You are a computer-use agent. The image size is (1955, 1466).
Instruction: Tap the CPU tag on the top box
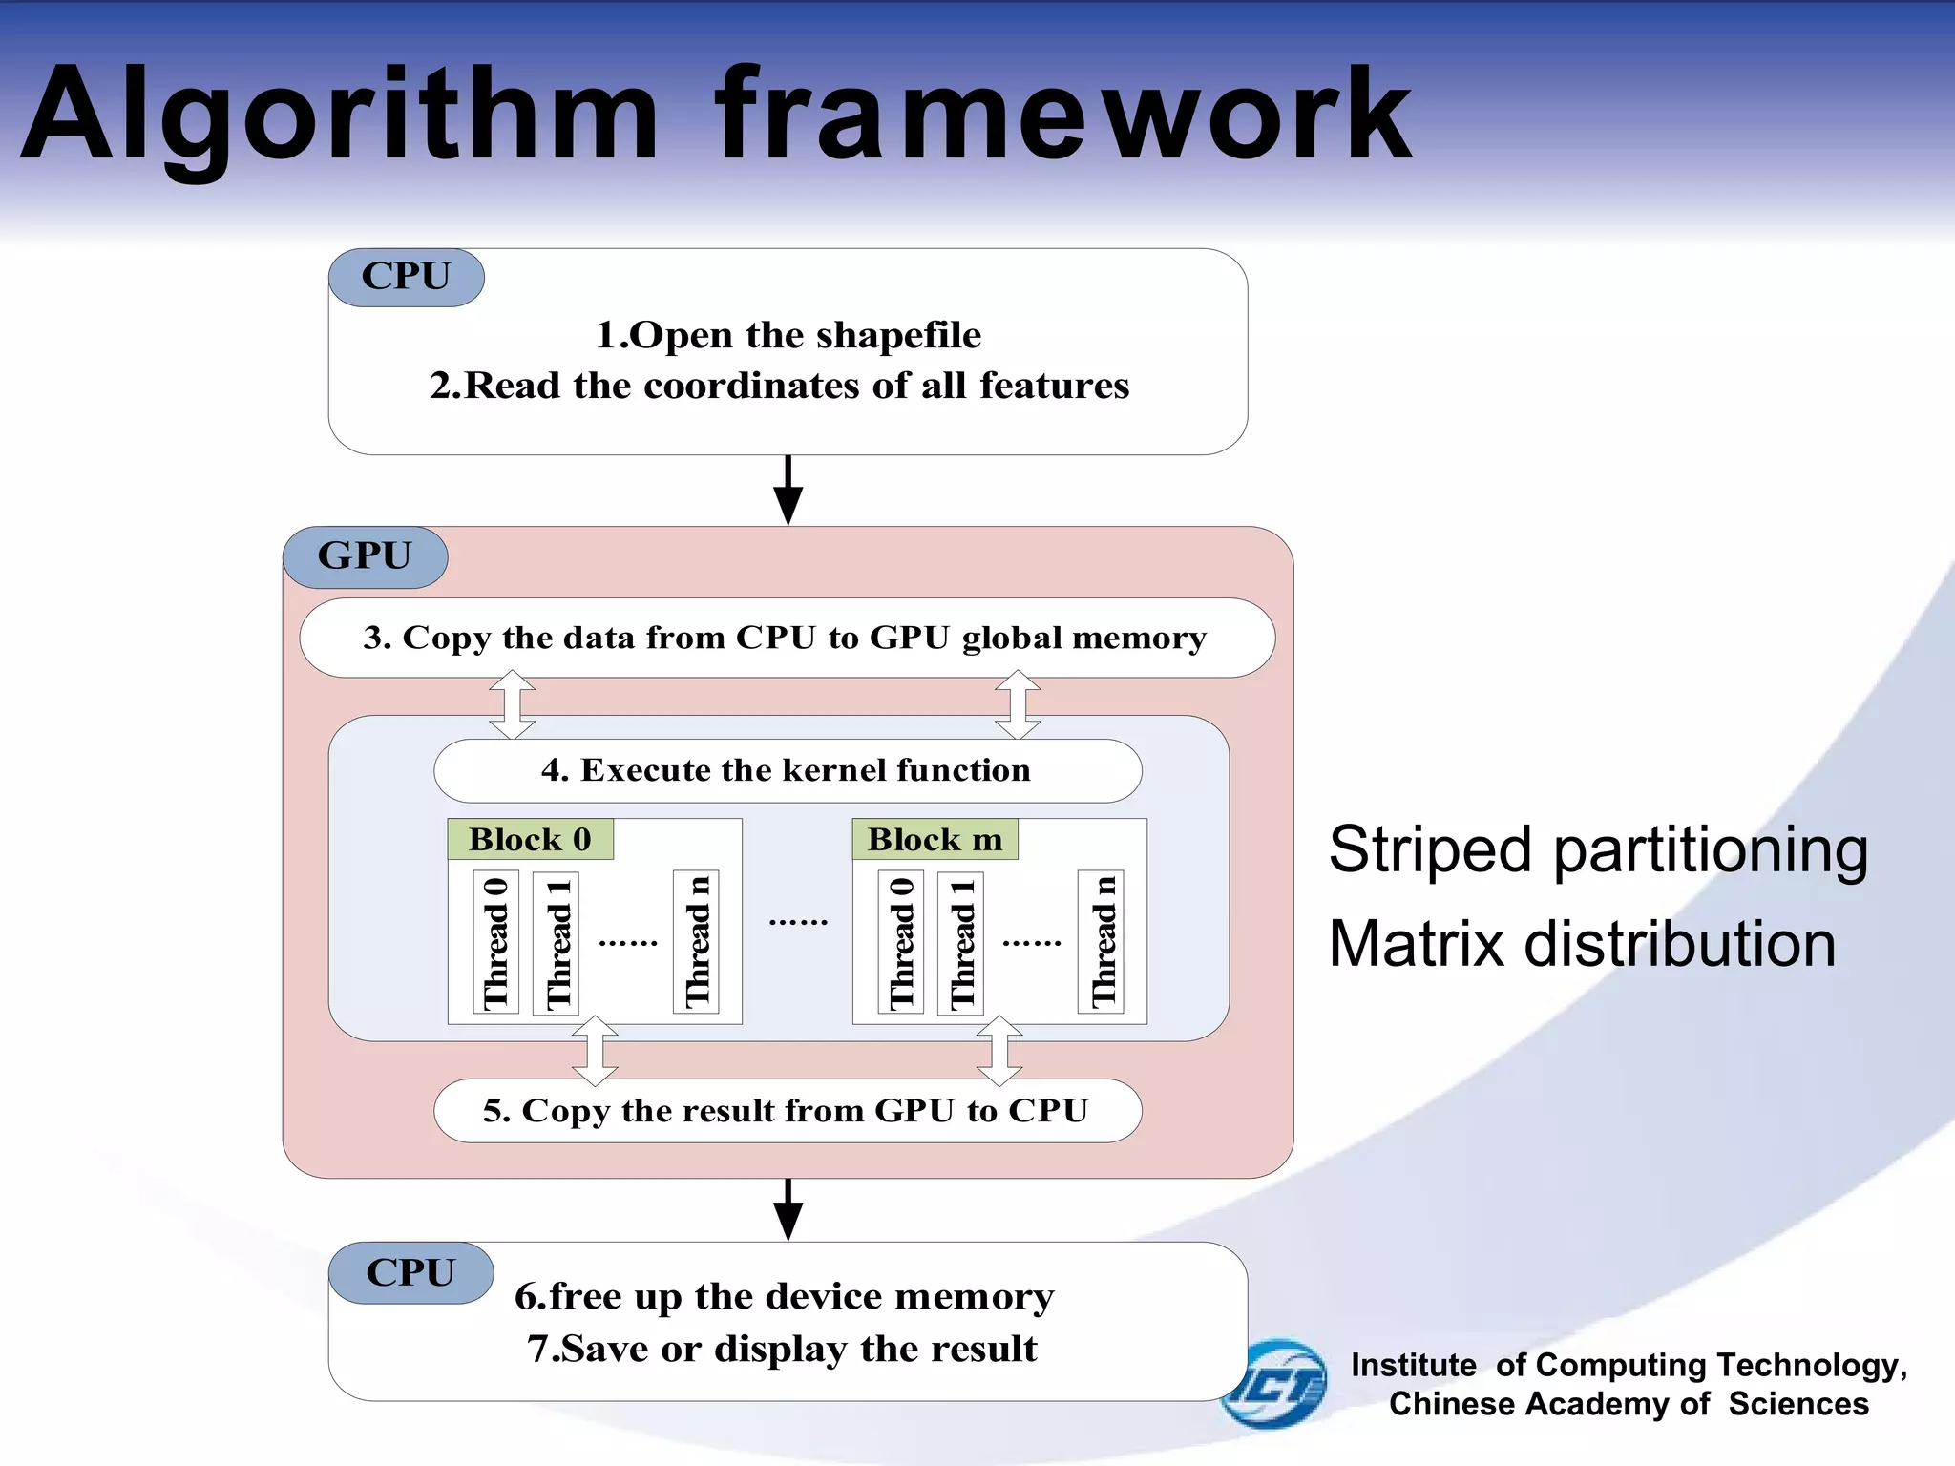click(x=406, y=277)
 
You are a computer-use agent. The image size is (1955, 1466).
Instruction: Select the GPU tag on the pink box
click(x=365, y=556)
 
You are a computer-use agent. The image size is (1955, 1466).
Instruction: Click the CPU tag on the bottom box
click(x=410, y=1273)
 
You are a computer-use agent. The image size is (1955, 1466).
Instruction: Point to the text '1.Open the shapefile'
click(x=788, y=335)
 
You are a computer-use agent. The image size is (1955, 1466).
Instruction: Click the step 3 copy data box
click(x=786, y=638)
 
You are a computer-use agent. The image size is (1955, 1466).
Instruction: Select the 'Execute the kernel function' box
click(x=786, y=770)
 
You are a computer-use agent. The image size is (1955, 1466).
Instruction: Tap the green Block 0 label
click(x=530, y=840)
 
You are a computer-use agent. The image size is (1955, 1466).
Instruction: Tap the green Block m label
click(x=935, y=840)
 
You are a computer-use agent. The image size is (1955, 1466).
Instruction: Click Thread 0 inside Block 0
click(x=495, y=942)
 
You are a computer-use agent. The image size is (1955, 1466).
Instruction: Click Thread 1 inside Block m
click(x=961, y=942)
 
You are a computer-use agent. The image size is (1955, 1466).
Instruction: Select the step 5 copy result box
click(x=786, y=1111)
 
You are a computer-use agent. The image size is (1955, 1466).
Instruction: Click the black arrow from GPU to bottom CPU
click(x=788, y=1209)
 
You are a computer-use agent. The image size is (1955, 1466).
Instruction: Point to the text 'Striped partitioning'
click(x=1598, y=849)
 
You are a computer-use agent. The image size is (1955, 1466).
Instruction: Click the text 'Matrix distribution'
click(x=1582, y=944)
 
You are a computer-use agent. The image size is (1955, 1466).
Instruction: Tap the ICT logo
click(x=1275, y=1383)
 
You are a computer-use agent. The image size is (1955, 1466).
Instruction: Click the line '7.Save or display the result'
click(x=782, y=1349)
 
